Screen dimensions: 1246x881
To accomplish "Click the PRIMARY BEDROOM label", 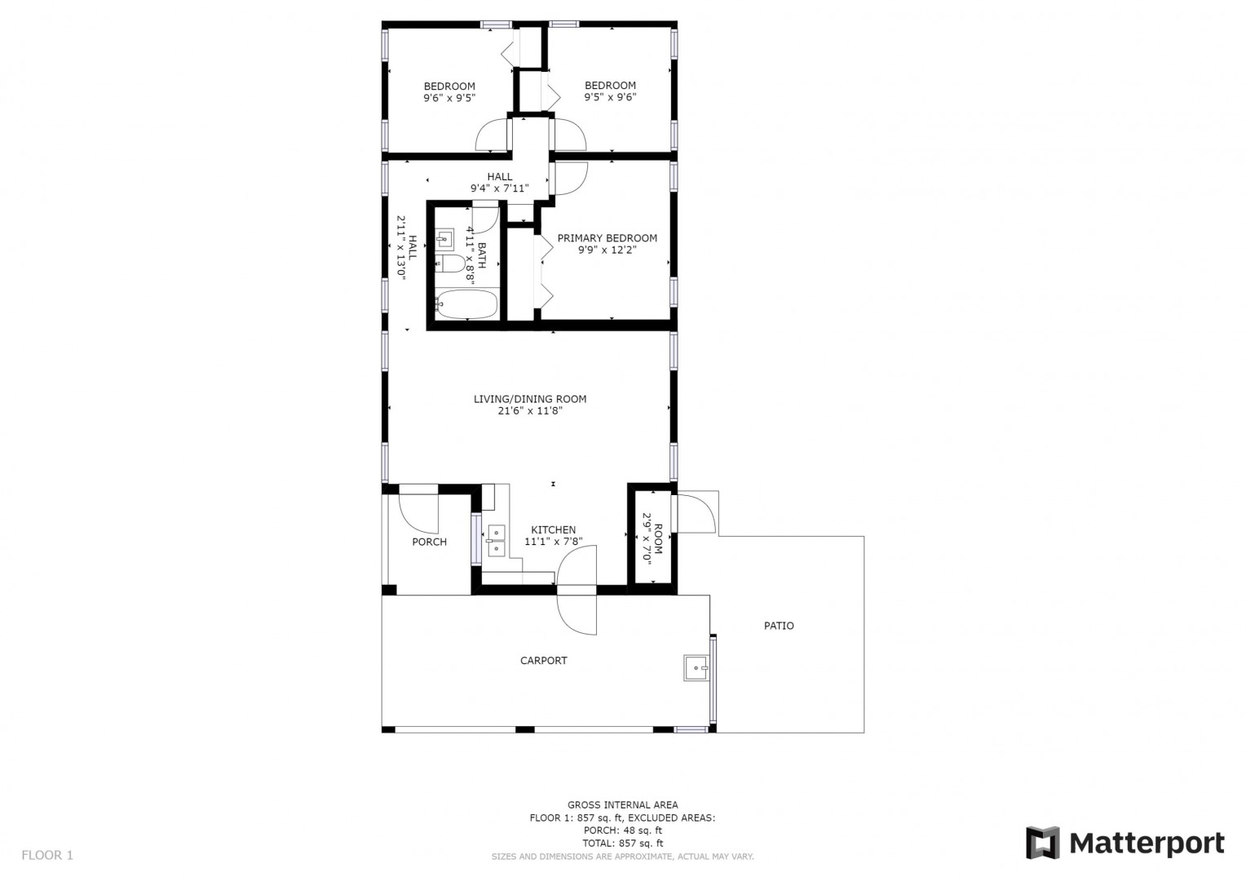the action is (x=607, y=238).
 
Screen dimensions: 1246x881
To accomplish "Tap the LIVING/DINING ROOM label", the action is (x=529, y=399).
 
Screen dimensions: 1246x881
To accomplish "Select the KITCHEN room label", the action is (x=553, y=530).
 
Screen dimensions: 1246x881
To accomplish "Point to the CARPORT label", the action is (x=543, y=661).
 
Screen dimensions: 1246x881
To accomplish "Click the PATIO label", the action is (x=779, y=626).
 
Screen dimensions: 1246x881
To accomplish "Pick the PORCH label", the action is (x=429, y=542).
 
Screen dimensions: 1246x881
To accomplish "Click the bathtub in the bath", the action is (x=466, y=304).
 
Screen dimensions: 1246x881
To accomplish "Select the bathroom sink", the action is (x=444, y=239).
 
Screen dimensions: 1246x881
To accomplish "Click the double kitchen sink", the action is (x=496, y=540).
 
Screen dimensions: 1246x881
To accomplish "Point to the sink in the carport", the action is (x=696, y=667).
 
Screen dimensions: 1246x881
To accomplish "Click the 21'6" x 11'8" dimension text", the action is (x=530, y=411).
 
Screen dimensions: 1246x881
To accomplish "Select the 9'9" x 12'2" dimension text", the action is (x=607, y=250).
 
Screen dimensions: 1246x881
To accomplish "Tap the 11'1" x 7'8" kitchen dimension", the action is (x=553, y=542).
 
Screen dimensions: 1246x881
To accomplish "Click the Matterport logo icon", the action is (x=1042, y=843).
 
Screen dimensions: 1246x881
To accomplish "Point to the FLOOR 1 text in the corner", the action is (x=47, y=855).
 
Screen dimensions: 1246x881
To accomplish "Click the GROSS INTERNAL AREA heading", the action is (x=622, y=805).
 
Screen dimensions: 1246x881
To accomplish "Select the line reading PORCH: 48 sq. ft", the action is (x=622, y=830).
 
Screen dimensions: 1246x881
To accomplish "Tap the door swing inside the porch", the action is (x=418, y=512).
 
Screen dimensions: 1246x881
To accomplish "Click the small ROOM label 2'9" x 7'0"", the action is (x=652, y=538).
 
